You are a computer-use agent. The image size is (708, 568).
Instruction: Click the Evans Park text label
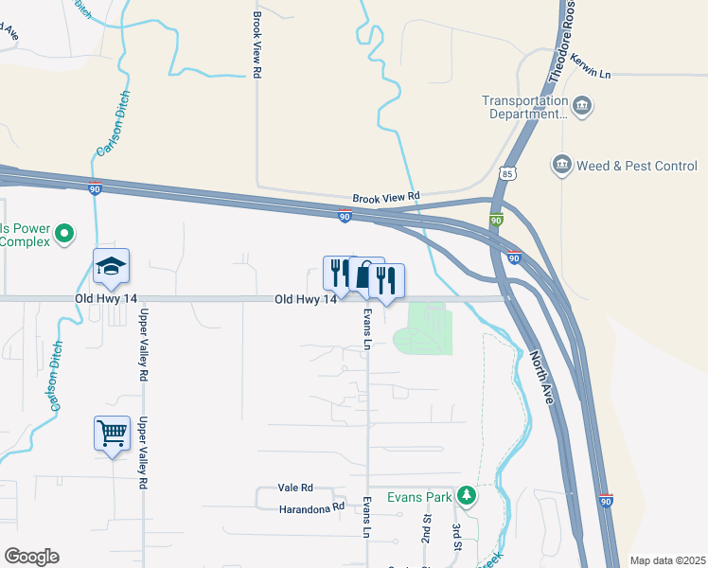tap(419, 496)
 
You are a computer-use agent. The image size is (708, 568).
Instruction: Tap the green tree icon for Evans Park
tap(466, 495)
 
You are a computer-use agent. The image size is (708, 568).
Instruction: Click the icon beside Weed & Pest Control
tap(562, 166)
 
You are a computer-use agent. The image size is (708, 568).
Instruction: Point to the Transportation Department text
tap(524, 107)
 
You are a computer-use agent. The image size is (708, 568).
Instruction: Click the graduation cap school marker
tap(111, 267)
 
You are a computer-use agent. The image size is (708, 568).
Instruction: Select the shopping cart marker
tap(112, 434)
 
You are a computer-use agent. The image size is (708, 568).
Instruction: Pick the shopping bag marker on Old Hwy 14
tap(364, 275)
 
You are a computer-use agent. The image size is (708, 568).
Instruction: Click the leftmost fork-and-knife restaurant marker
tap(338, 273)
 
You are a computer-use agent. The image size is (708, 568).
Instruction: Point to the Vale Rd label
tap(295, 488)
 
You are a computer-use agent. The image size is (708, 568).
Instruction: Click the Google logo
tap(31, 557)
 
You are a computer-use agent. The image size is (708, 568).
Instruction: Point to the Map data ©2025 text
tap(667, 560)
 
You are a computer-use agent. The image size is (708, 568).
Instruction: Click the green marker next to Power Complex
tap(64, 233)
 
